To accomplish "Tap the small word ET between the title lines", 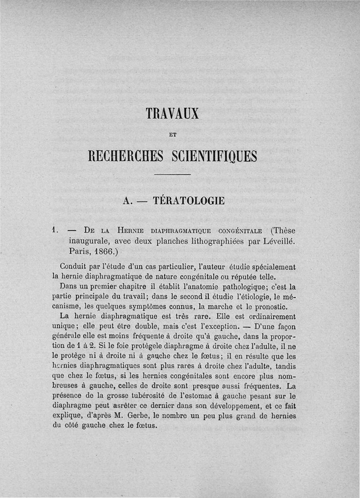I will pyautogui.click(x=172, y=134).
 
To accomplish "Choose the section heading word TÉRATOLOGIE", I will pyautogui.click(x=189, y=200).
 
